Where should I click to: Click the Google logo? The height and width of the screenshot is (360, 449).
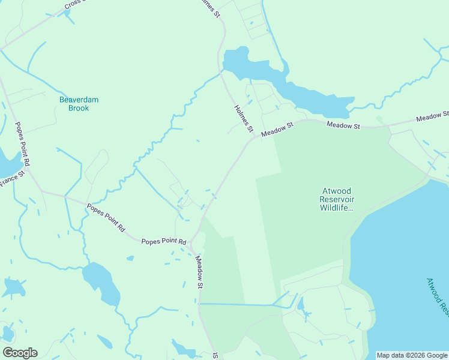click(x=20, y=353)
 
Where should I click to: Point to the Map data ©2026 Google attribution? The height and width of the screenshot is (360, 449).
click(x=412, y=355)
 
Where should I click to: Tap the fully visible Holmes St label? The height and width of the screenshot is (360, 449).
click(x=244, y=118)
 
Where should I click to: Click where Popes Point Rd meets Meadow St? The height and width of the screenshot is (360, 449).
click(x=191, y=246)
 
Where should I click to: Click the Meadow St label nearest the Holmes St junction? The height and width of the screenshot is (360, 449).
click(x=277, y=128)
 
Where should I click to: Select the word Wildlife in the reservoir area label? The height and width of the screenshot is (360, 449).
click(x=337, y=208)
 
